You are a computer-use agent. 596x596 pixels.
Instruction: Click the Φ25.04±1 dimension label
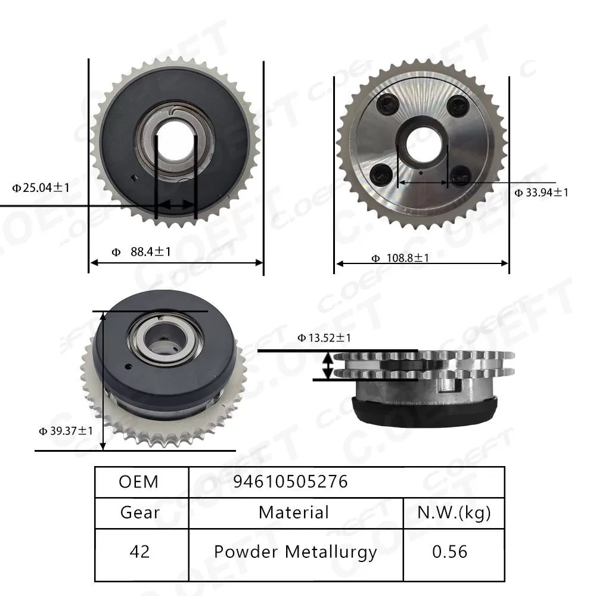[41, 188]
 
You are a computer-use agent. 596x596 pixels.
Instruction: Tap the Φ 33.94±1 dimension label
[541, 192]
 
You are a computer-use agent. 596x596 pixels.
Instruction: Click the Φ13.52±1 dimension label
[324, 338]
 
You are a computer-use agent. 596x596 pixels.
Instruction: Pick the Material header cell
[294, 512]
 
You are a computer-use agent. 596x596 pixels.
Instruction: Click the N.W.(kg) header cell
[454, 512]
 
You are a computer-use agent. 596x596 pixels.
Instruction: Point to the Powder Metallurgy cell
[295, 552]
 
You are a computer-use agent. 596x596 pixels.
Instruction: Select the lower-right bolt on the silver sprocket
[461, 174]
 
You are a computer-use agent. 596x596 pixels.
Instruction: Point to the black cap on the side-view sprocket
[424, 414]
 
